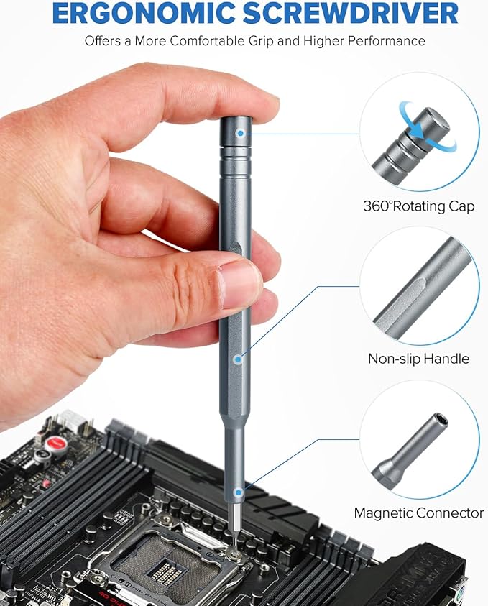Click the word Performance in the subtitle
[386, 40]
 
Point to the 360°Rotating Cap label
[418, 206]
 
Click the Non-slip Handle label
[418, 359]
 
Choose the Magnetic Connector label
[418, 513]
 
